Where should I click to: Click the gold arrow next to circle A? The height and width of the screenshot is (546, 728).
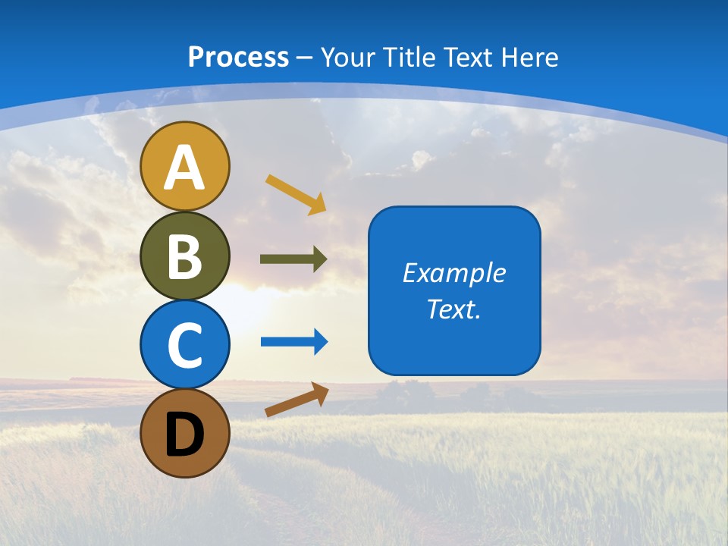[296, 193]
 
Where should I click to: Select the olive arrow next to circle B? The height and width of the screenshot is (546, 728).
[293, 259]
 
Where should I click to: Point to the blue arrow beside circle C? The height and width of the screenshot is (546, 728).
[293, 342]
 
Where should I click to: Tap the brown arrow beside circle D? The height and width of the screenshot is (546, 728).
[297, 400]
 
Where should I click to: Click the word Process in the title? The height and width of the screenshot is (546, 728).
[238, 57]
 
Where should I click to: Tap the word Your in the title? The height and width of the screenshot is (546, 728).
[347, 57]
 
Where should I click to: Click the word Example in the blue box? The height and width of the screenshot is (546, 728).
[453, 273]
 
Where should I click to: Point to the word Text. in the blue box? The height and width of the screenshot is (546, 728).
[453, 309]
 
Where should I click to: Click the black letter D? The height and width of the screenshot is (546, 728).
[185, 435]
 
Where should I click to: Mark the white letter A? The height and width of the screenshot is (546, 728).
[185, 168]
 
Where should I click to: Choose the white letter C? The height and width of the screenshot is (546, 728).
[185, 346]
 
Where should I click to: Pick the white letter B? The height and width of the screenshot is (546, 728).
[185, 257]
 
